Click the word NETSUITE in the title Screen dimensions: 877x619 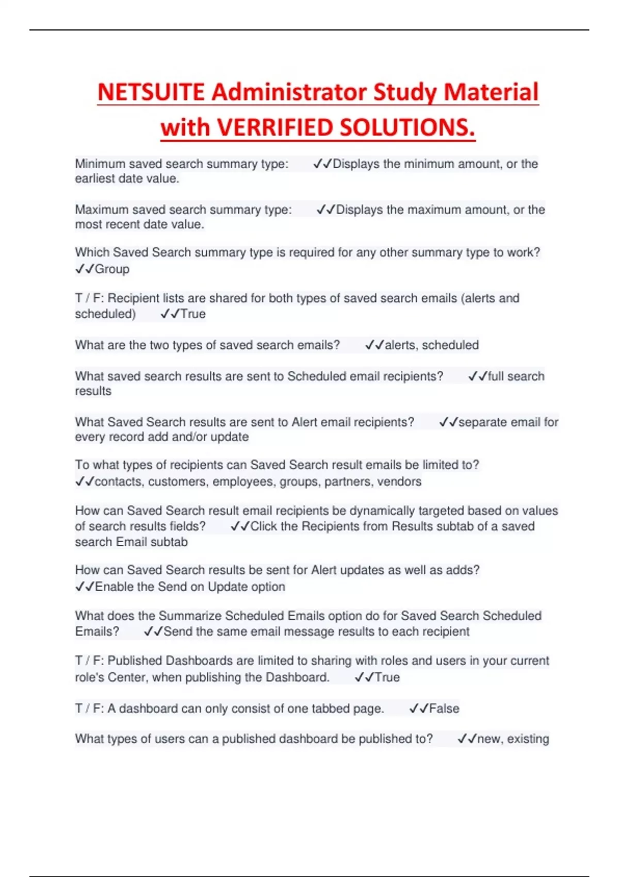click(151, 92)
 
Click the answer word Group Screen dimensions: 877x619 click(112, 269)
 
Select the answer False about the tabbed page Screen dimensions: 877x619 click(444, 709)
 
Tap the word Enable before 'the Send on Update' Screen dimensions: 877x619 click(113, 587)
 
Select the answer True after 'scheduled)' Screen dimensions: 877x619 click(193, 314)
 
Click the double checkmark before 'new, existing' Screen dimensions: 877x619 click(467, 739)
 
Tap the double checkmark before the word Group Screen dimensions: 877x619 click(85, 269)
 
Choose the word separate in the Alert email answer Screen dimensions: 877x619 click(480, 423)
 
